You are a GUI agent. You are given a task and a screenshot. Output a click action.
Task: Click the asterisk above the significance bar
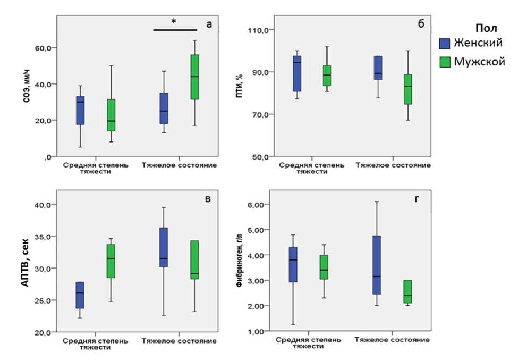click(174, 22)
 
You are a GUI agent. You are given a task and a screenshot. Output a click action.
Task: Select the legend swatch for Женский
click(445, 44)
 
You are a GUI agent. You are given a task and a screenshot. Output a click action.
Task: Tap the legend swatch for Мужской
click(445, 62)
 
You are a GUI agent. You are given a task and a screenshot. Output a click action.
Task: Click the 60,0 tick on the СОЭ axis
click(43, 48)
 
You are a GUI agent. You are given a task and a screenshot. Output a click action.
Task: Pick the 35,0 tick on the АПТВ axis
click(43, 237)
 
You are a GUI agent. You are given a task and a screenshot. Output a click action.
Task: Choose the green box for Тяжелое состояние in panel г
click(407, 291)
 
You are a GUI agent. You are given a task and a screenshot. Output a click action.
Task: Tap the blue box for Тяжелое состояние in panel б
click(378, 68)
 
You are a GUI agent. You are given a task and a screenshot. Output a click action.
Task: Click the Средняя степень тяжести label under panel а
click(96, 169)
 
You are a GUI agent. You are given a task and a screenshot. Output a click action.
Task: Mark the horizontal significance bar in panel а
click(175, 30)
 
